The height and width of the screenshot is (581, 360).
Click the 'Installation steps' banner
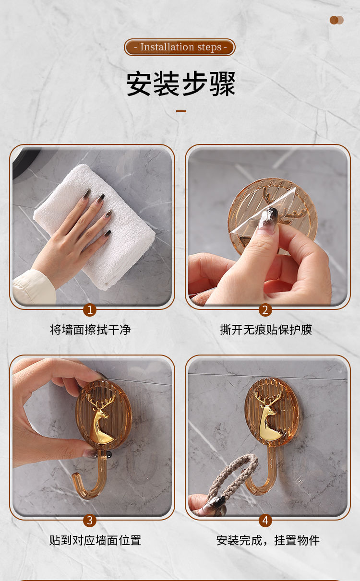click(x=180, y=47)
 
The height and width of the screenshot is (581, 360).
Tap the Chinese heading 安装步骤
click(x=180, y=84)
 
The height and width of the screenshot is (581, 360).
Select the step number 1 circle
click(x=90, y=309)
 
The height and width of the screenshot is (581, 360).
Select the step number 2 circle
click(x=265, y=309)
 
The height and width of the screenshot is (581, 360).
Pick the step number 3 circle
click(x=90, y=520)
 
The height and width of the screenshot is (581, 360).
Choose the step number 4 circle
click(x=265, y=520)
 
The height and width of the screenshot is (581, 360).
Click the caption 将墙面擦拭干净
click(x=90, y=330)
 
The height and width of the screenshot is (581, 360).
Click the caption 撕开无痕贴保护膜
click(x=266, y=330)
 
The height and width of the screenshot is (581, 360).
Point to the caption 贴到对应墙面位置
click(x=95, y=540)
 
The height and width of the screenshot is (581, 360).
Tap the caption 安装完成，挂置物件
click(x=268, y=540)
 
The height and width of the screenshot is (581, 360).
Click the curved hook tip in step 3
click(x=76, y=478)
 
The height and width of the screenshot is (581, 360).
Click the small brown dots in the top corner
click(x=336, y=20)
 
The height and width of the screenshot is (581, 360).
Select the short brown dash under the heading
click(x=181, y=111)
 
